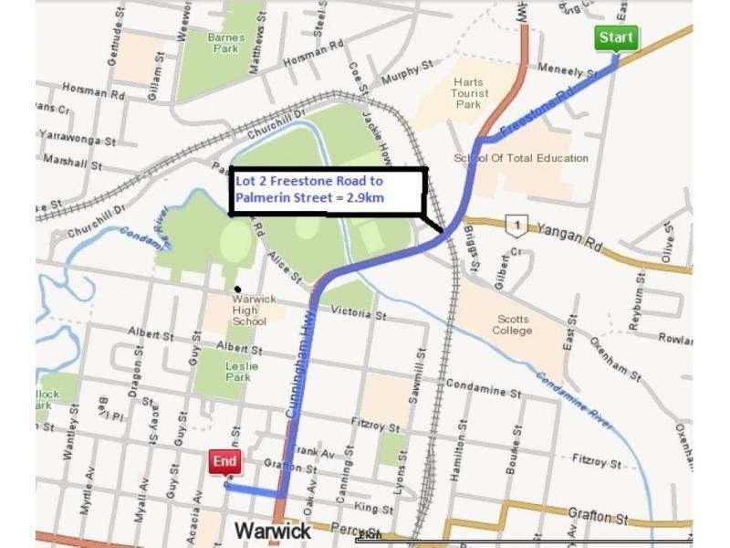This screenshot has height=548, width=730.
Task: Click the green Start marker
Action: [616, 38]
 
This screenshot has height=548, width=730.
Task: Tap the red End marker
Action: [224, 462]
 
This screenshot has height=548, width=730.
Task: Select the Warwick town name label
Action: [273, 531]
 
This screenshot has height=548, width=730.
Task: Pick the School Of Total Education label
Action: [521, 158]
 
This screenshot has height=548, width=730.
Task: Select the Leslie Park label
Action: [242, 372]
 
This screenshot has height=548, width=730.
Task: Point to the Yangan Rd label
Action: [575, 231]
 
